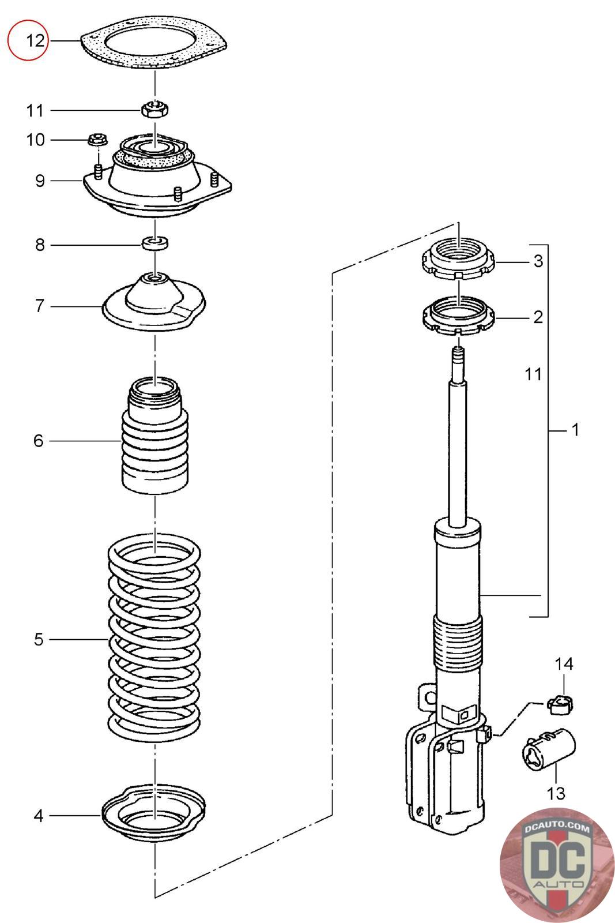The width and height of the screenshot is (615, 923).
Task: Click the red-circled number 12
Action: pyautogui.click(x=35, y=41)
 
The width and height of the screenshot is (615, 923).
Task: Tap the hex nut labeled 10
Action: pyautogui.click(x=98, y=139)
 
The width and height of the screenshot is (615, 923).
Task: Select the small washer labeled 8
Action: pyautogui.click(x=155, y=243)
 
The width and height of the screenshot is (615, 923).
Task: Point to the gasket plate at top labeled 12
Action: pyautogui.click(x=154, y=43)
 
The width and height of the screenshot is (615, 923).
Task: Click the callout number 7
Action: pyautogui.click(x=40, y=306)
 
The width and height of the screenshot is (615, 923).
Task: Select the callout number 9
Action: pyautogui.click(x=40, y=181)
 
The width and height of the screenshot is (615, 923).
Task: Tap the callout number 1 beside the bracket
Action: pyautogui.click(x=575, y=430)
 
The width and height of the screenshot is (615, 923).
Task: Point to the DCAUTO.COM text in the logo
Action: pyautogui.click(x=557, y=827)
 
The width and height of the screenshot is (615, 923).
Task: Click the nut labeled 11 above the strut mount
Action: pyautogui.click(x=155, y=109)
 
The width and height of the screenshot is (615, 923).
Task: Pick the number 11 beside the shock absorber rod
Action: pyautogui.click(x=533, y=374)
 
